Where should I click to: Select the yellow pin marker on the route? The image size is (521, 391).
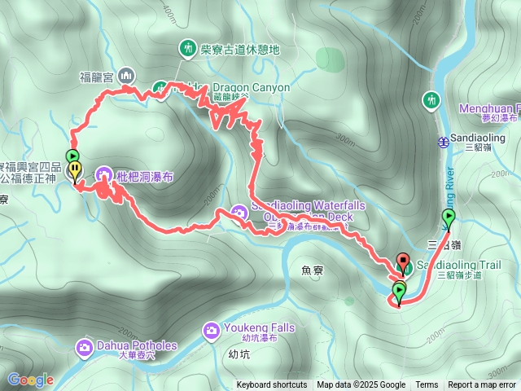coord(75,171)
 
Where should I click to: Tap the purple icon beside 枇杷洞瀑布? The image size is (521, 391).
coord(104,174)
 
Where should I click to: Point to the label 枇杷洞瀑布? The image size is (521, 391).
coord(144,175)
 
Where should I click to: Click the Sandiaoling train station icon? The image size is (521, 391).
coord(442,141)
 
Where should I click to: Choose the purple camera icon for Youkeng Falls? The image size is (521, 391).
coord(210,330)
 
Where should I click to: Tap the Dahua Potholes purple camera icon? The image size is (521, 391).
coord(85,349)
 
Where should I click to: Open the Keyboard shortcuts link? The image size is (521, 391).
coord(272,385)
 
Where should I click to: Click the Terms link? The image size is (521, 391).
coord(427,385)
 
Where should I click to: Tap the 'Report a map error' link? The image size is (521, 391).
coord(483,385)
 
